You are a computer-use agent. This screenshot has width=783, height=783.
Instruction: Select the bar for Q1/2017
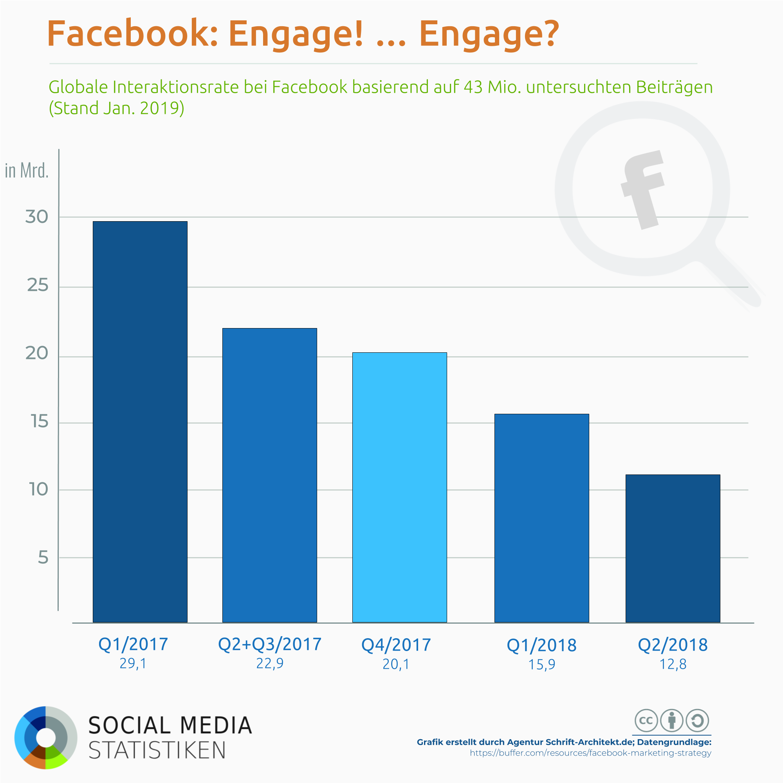click(140, 422)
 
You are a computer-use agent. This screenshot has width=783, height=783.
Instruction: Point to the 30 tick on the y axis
click(36, 217)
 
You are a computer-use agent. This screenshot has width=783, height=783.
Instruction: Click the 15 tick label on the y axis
click(39, 422)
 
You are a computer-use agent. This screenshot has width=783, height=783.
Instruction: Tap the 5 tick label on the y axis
click(43, 557)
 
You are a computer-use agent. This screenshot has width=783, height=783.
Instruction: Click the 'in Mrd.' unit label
click(27, 171)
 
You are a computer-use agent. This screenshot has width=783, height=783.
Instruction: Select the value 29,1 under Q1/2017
click(133, 664)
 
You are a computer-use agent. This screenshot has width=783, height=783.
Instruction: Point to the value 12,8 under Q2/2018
click(673, 665)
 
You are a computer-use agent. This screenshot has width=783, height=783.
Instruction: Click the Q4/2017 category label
click(396, 645)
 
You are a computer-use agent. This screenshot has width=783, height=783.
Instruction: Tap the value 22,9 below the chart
click(269, 664)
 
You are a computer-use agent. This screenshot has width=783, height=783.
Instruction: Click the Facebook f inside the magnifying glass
click(642, 189)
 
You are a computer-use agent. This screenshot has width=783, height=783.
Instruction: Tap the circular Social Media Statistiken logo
click(46, 738)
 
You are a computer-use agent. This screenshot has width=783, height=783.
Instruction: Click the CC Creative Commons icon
click(646, 721)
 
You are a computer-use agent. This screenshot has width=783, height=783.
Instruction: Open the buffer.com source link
click(590, 753)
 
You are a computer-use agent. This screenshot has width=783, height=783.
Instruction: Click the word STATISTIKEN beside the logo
click(157, 751)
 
